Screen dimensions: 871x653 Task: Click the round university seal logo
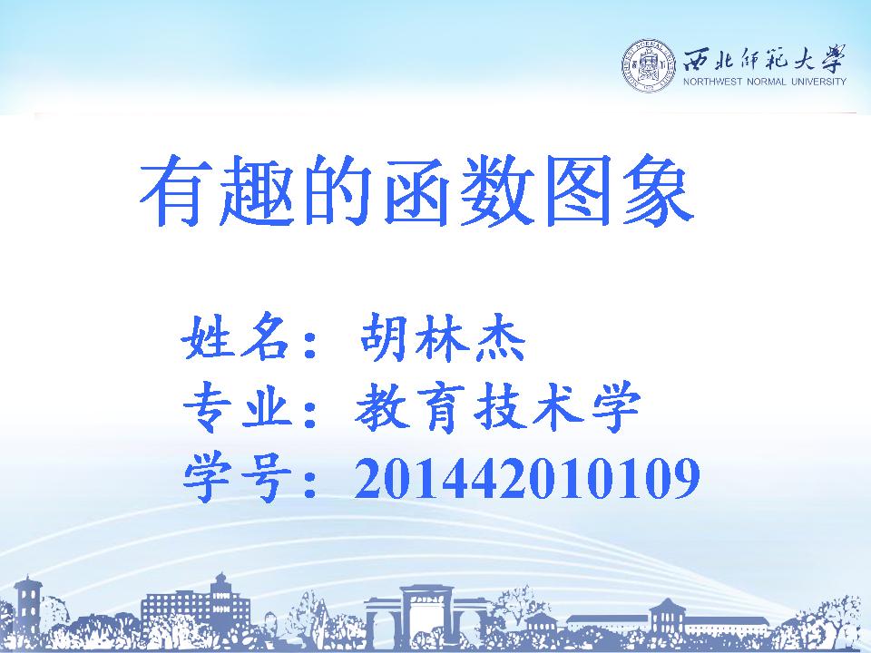click(x=649, y=66)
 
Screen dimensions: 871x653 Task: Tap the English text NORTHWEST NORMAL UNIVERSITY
click(x=764, y=82)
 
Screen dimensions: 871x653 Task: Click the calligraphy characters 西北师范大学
click(x=764, y=58)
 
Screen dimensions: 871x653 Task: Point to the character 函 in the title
click(x=416, y=190)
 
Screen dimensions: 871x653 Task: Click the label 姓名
click(x=236, y=337)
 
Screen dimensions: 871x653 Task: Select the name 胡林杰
click(x=443, y=337)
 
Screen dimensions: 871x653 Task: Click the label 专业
click(x=238, y=407)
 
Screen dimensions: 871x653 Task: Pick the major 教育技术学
click(x=498, y=407)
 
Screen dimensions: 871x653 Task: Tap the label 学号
click(x=238, y=478)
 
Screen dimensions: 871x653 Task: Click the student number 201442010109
click(x=527, y=478)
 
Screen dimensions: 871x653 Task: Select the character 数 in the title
click(x=497, y=190)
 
